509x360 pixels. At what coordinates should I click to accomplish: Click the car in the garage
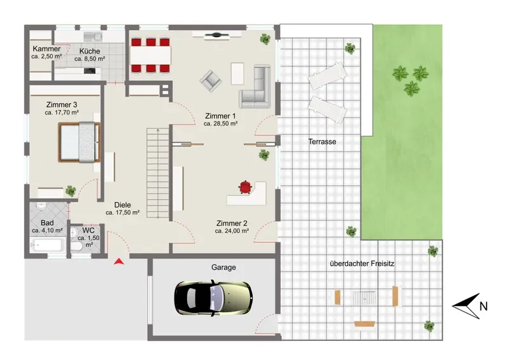pos(213,298)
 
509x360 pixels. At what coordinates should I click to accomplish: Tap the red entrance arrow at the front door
pos(119,261)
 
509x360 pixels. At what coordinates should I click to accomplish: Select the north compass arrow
pos(466,306)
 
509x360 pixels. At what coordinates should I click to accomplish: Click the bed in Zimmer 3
pos(80,142)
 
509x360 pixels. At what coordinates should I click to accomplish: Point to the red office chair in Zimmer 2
pos(246,187)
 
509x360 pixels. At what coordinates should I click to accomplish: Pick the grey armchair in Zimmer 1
pos(211,81)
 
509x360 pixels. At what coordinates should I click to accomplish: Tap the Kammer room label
pos(46,49)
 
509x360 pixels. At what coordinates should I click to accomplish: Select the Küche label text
pos(90,51)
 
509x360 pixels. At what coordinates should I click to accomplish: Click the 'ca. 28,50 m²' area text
pos(221,123)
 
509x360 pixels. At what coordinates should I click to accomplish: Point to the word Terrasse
pos(322,142)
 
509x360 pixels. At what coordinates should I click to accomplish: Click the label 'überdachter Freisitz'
pos(362,263)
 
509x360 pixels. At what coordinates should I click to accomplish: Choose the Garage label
pos(224,267)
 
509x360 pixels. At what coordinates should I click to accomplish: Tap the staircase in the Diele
pos(158,173)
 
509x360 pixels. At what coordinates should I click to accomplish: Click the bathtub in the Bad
pos(46,245)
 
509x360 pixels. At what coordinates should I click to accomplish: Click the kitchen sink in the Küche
pos(93,36)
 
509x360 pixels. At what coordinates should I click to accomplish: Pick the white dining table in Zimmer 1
pos(150,55)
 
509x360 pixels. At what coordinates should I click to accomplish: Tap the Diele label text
pos(123,205)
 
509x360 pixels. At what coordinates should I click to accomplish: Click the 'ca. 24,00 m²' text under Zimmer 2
pos(232,231)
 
